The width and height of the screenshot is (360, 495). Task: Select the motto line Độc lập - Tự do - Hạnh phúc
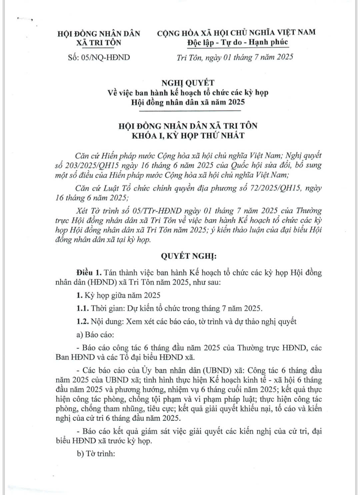[237, 43]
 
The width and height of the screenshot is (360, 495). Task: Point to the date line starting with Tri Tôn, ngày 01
[235, 57]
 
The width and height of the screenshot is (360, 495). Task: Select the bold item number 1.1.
[82, 308]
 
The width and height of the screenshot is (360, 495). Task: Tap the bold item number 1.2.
[82, 322]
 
